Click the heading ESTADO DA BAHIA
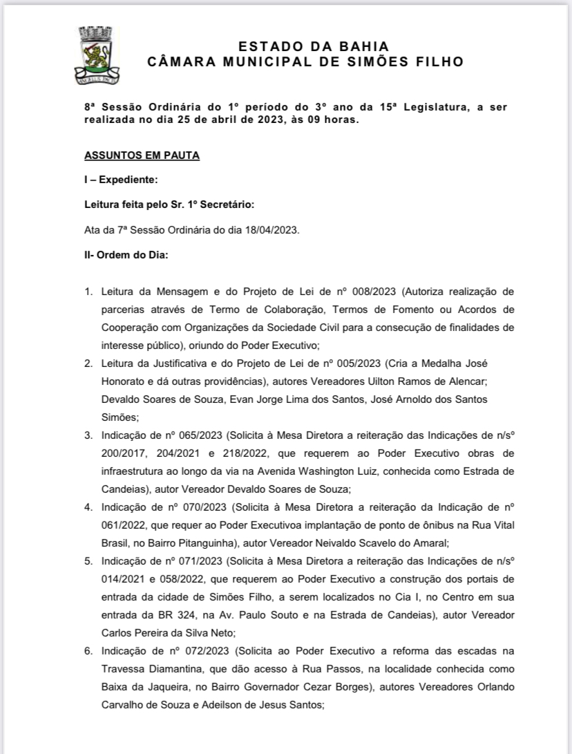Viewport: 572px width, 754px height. [x=314, y=47]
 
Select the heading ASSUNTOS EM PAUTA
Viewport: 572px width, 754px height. [x=142, y=155]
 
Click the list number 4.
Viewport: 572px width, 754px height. [x=88, y=507]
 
